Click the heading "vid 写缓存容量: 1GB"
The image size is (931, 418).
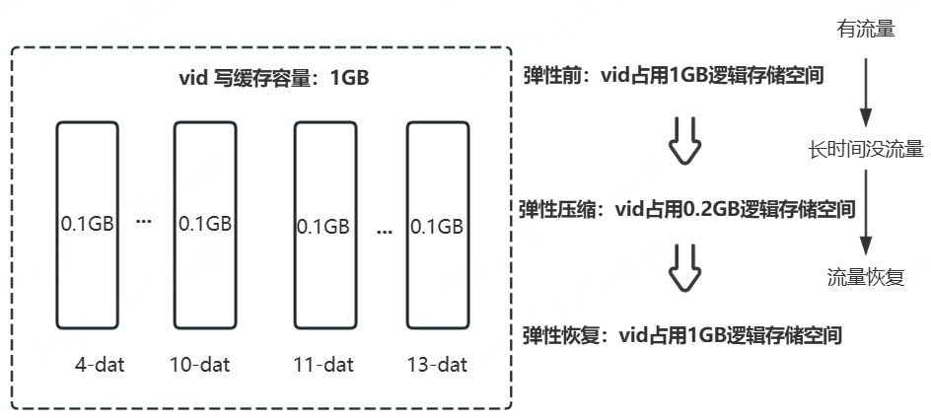pos(265,78)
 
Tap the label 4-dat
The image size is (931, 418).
pos(98,365)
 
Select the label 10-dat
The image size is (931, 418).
pos(199,365)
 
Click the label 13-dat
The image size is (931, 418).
pos(436,365)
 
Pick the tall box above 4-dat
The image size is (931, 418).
pos(87,225)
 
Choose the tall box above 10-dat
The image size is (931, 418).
pos(204,225)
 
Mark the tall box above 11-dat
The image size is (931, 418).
pos(322,225)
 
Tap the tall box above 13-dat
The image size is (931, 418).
pos(436,225)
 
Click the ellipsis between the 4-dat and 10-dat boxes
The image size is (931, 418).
pos(144,223)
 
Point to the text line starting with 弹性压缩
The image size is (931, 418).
pos(685,209)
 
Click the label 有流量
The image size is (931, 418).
pos(865,30)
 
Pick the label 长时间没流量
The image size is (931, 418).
pos(865,150)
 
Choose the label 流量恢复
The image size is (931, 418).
pos(865,277)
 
